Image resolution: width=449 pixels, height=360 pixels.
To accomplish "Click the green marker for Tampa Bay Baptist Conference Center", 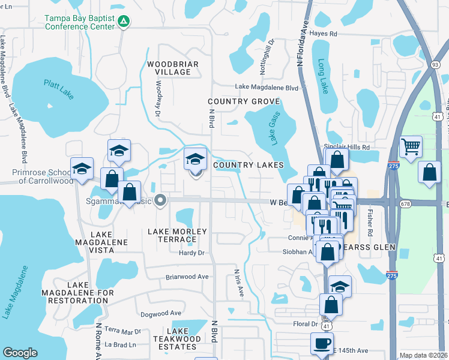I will pos(124,22).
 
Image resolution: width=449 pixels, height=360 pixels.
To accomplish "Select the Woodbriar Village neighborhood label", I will pos(169,68).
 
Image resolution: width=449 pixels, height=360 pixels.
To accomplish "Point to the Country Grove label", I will pos(236,102).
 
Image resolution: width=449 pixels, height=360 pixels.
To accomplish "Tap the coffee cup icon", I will pos(321,344).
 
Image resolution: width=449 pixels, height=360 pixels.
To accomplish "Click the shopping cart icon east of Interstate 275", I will pos(411,146).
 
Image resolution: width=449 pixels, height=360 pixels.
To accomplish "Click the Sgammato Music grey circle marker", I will pos(160,200).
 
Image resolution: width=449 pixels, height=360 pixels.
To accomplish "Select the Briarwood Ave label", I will pos(187,277).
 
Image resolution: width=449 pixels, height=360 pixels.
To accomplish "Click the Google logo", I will pos(20,353).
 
